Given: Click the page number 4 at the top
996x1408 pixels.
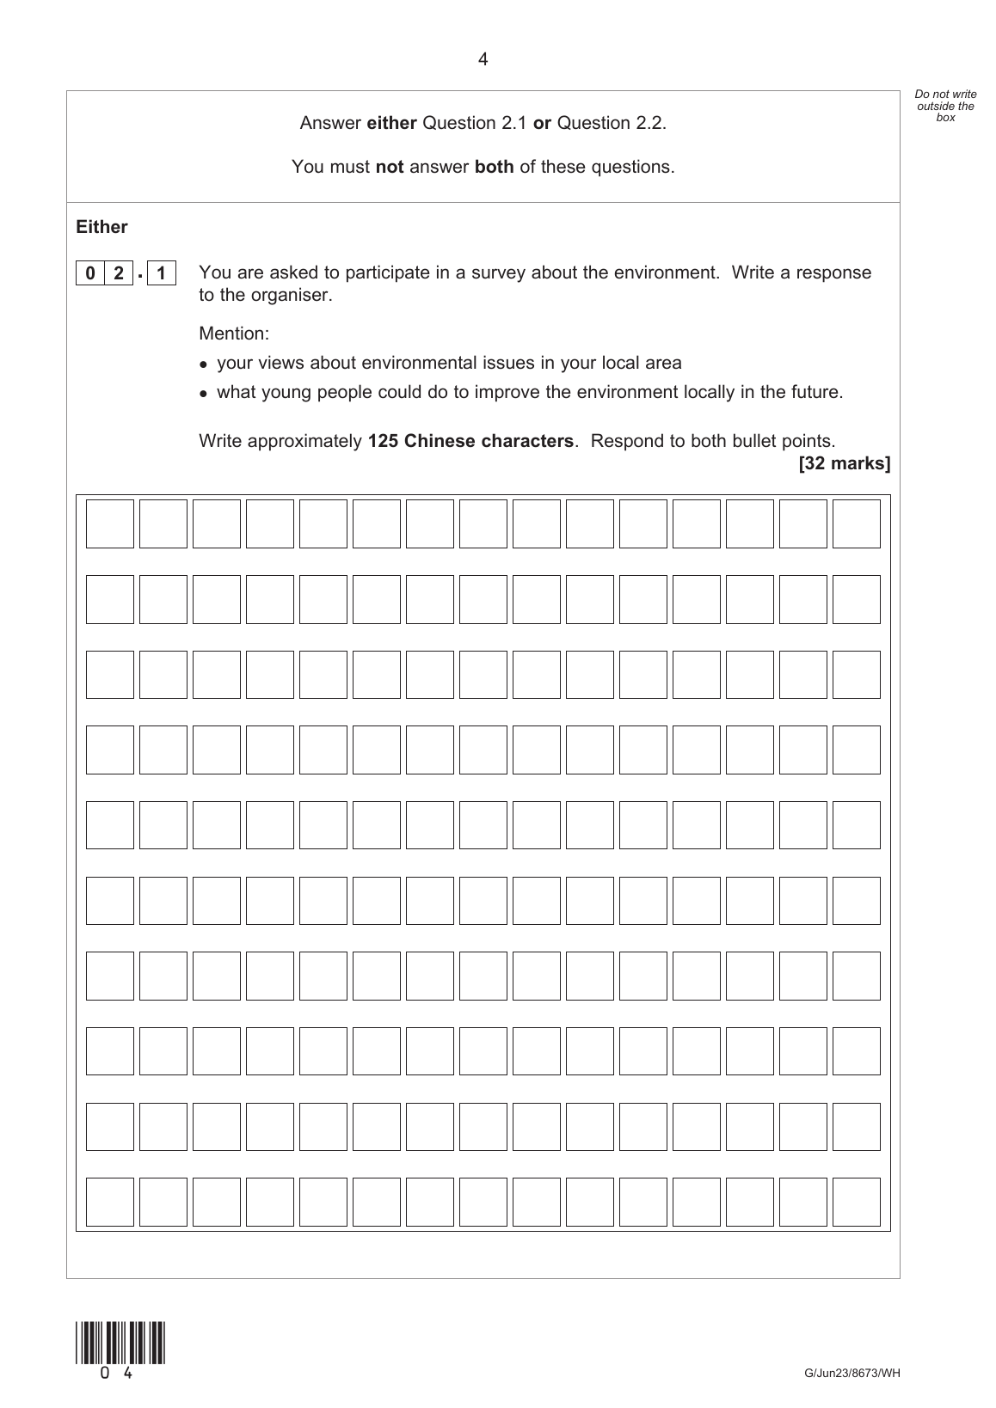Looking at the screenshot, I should click(x=483, y=59).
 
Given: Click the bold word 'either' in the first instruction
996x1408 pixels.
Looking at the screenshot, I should click(x=391, y=123).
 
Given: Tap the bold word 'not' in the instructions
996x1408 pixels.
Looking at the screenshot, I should click(x=390, y=167).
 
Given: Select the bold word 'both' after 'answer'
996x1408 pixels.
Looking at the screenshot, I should click(x=494, y=167).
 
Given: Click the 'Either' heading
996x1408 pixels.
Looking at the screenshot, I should click(x=101, y=227).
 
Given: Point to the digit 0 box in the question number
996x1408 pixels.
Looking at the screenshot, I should click(x=89, y=274).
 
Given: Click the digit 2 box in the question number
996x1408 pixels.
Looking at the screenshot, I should click(x=119, y=274).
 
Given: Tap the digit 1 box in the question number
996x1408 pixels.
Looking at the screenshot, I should click(x=161, y=274).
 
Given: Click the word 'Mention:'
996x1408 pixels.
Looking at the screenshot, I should click(x=234, y=333).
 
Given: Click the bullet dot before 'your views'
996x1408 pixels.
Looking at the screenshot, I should click(x=204, y=364).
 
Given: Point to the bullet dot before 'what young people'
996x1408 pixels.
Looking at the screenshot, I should click(x=204, y=394).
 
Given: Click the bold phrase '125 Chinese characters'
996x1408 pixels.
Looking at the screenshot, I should click(x=470, y=441).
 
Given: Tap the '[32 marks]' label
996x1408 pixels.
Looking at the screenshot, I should click(x=845, y=463).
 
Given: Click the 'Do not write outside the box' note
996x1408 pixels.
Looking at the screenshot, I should click(x=945, y=106).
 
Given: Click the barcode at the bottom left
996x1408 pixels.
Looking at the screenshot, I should click(x=120, y=1343).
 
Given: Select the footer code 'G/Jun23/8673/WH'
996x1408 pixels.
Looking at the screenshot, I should click(x=852, y=1373).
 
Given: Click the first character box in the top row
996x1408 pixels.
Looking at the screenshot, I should click(x=110, y=523).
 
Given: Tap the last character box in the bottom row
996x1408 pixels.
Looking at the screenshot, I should click(x=856, y=1202).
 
